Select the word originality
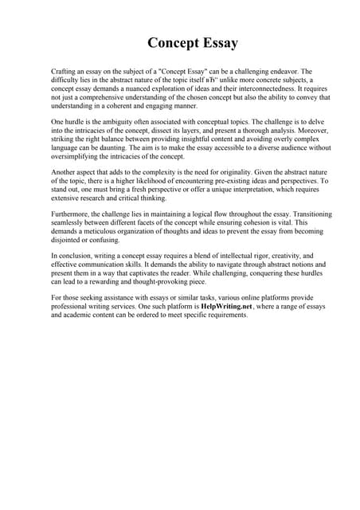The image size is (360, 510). tap(224, 171)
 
